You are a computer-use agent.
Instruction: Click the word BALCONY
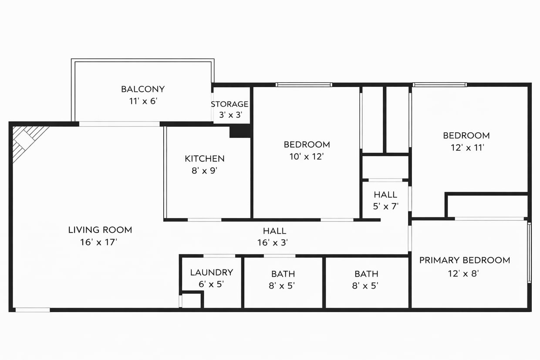pyautogui.click(x=143, y=89)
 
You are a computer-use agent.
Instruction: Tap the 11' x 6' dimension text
pyautogui.click(x=143, y=101)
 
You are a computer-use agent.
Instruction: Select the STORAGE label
pyautogui.click(x=229, y=104)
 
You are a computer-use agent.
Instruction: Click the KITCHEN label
pyautogui.click(x=205, y=159)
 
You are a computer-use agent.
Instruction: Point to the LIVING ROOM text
pyautogui.click(x=100, y=230)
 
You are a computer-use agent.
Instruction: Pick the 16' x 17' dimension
pyautogui.click(x=99, y=242)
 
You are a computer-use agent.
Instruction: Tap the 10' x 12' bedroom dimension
pyautogui.click(x=307, y=157)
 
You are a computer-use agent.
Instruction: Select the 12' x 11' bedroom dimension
pyautogui.click(x=466, y=148)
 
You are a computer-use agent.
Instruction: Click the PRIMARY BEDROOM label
pyautogui.click(x=465, y=260)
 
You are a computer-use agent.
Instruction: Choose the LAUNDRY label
pyautogui.click(x=212, y=273)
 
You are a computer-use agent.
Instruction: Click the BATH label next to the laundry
pyautogui.click(x=283, y=274)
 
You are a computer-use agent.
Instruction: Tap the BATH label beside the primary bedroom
pyautogui.click(x=366, y=274)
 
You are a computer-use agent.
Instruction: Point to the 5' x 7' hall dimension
pyautogui.click(x=385, y=207)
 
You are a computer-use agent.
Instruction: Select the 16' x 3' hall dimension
pyautogui.click(x=274, y=243)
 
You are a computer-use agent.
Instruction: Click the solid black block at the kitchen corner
pyautogui.click(x=240, y=131)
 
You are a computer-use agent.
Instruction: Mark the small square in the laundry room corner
pyautogui.click(x=191, y=301)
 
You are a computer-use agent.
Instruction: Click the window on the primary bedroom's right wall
pyautogui.click(x=530, y=252)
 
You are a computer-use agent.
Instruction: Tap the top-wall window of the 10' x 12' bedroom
pyautogui.click(x=304, y=84)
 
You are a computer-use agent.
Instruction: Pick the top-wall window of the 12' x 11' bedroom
pyautogui.click(x=440, y=84)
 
